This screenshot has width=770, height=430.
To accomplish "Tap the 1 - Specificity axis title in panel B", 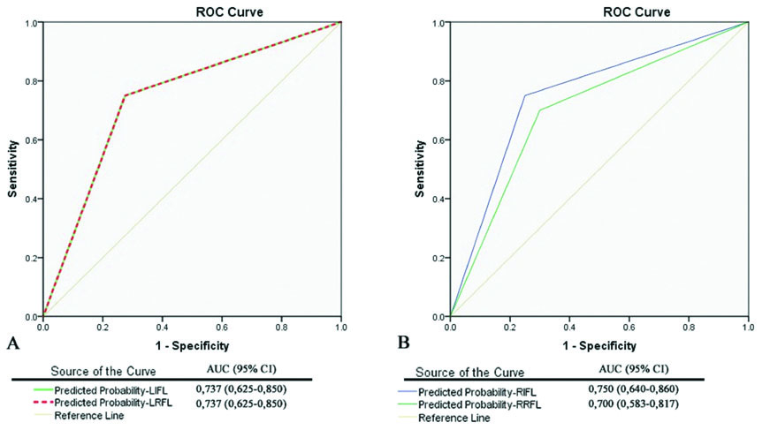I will tap(598, 345).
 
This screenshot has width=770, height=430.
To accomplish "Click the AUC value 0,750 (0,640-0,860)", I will tap(633, 389).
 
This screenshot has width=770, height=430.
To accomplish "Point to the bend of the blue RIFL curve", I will tap(525, 95).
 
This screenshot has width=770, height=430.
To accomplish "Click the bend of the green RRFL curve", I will tap(539, 110).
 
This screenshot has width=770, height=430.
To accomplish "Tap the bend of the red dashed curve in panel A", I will tap(124, 95).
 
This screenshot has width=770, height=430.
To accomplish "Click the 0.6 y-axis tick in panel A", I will tap(32, 140).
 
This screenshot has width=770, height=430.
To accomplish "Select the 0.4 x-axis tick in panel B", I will tap(569, 326).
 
